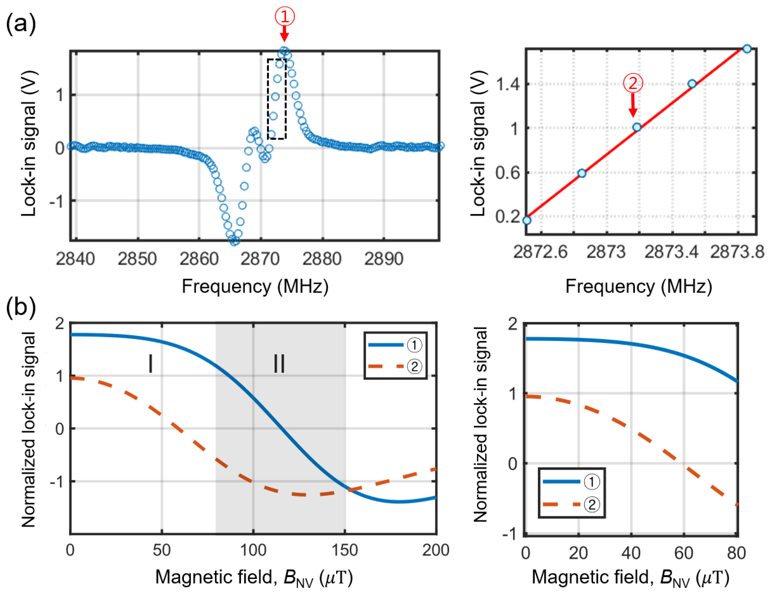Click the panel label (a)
21,24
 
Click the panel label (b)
21,307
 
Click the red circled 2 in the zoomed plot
633,83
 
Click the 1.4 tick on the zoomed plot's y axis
507,84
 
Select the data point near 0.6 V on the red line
582,173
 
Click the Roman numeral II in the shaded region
279,364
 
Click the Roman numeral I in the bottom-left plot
151,364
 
